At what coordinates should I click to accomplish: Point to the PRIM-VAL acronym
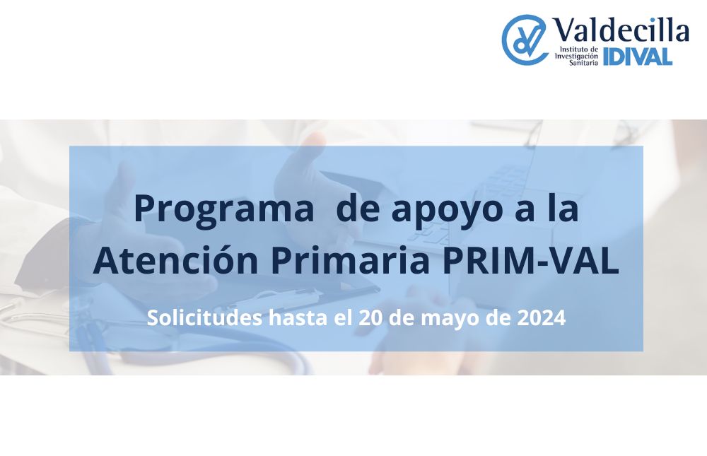531,261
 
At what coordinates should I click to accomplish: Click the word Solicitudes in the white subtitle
204,317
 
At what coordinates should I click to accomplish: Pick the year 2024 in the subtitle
541,318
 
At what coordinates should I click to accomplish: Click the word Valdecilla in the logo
621,30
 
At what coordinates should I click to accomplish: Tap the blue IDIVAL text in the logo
638,57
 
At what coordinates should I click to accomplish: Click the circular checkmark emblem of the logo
524,40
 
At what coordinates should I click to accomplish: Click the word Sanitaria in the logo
583,63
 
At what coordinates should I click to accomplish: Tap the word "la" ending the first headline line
563,209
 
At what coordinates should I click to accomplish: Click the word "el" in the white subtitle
343,317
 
